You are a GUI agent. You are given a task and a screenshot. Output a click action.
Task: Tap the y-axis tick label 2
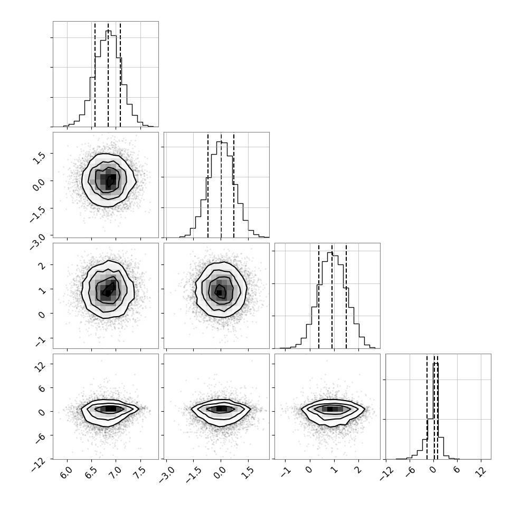[42, 265]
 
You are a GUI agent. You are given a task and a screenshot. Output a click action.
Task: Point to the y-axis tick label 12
[41, 367]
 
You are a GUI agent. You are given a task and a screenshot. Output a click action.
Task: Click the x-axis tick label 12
[479, 472]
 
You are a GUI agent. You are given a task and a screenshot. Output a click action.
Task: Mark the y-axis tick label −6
[40, 439]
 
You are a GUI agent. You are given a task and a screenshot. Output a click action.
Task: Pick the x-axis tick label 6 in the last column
[456, 471]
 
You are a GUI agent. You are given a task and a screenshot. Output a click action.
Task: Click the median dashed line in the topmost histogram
[108, 74]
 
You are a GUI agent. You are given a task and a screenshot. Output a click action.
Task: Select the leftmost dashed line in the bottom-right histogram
[427, 407]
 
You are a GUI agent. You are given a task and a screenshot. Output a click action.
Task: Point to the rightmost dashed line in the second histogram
[234, 185]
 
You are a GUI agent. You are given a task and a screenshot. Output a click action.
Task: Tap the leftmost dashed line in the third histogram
[319, 296]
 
